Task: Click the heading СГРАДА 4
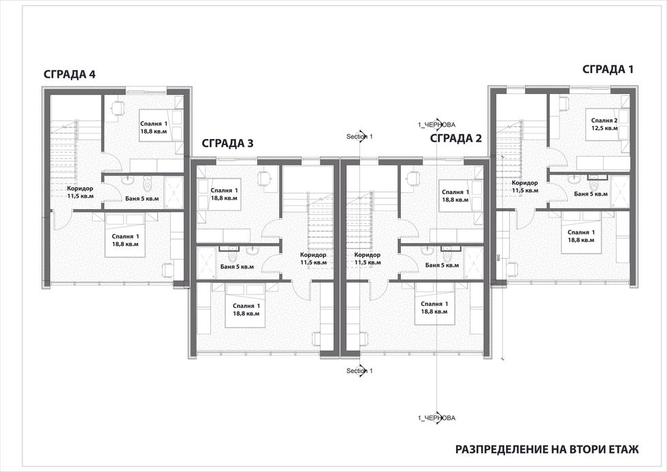[x=69, y=74]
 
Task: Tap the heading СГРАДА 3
[x=227, y=144]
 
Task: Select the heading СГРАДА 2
[x=456, y=138]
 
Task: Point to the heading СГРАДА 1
[x=608, y=69]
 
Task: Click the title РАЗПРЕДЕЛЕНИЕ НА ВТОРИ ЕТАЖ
[x=547, y=450]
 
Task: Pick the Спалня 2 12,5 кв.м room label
[x=604, y=124]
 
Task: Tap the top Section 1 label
[x=359, y=137]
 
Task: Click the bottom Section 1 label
[x=359, y=371]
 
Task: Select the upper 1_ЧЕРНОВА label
[x=437, y=125]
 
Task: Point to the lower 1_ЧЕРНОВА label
[x=437, y=418]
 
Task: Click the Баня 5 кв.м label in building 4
[x=142, y=198]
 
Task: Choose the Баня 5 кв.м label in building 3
[x=237, y=267]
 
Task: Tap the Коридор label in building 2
[x=367, y=255]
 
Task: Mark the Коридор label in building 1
[x=525, y=183]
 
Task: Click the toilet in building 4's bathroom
[x=148, y=185]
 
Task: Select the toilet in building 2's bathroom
[x=446, y=255]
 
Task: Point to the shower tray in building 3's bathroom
[x=206, y=263]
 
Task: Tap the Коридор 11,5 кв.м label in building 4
[x=80, y=192]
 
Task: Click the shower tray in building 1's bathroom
[x=620, y=191]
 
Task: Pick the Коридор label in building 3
[x=313, y=255]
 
